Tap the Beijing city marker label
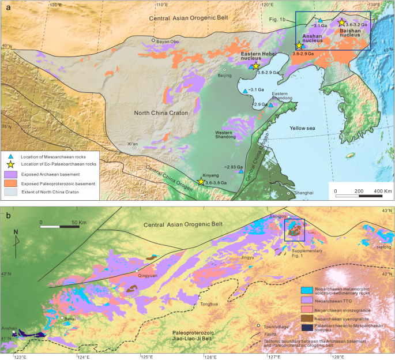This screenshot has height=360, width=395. [224, 75]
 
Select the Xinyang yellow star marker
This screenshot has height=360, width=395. [201, 181]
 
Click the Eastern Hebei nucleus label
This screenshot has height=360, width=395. [258, 55]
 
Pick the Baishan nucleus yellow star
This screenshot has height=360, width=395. [341, 22]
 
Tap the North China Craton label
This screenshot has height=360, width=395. [161, 113]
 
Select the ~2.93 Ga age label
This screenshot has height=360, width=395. [233, 167]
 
